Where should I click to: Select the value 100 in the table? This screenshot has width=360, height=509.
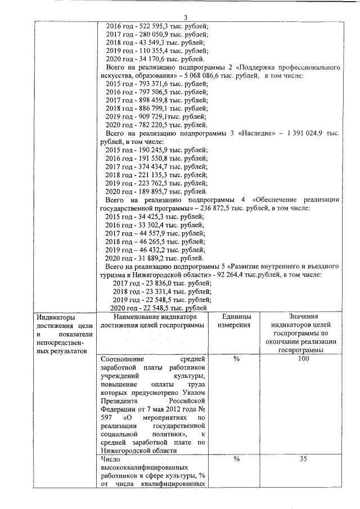(304, 359)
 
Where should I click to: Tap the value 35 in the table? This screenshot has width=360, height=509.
(304, 459)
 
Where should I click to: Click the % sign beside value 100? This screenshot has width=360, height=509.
(236, 359)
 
